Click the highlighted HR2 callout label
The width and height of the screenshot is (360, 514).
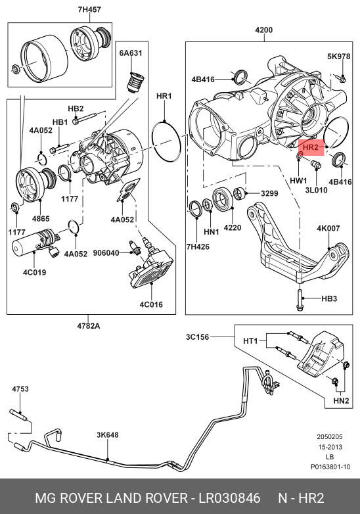(311, 147)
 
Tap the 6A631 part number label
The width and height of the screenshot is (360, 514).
(131, 53)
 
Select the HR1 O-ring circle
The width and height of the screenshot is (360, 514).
(166, 141)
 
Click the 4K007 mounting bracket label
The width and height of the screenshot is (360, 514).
(328, 228)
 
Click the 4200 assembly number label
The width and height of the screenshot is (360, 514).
(263, 30)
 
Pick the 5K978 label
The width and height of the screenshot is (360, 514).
(339, 57)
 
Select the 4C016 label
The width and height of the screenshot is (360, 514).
(151, 304)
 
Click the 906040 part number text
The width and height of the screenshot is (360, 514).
(106, 253)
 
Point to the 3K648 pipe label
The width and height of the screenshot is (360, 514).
(108, 434)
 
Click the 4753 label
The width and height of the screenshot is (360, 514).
(20, 388)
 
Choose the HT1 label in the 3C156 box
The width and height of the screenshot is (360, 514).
(250, 341)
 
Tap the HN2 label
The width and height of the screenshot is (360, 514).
(341, 400)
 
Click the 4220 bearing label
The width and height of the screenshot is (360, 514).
(233, 227)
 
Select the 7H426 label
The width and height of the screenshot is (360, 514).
(198, 246)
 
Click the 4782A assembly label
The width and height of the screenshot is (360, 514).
(89, 326)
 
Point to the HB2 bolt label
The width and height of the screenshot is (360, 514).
(76, 108)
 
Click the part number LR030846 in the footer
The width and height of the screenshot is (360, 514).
(230, 498)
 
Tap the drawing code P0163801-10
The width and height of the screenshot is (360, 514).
(330, 467)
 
